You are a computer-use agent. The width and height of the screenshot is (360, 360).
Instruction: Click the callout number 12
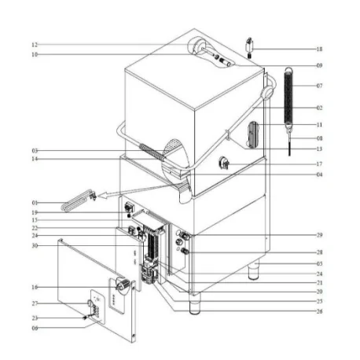(35, 45)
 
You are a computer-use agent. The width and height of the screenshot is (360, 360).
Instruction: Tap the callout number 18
(319, 49)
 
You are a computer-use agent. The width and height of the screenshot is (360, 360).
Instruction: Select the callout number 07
(319, 85)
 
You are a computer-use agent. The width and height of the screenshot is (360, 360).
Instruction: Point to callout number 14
(35, 160)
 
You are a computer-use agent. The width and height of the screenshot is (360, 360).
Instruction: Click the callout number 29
(319, 235)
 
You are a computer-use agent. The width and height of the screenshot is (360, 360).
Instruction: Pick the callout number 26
(319, 311)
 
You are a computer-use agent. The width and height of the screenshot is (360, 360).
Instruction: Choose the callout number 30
(35, 246)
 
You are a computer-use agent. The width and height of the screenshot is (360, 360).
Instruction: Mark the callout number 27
(35, 303)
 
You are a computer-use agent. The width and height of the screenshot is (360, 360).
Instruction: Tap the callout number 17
(319, 164)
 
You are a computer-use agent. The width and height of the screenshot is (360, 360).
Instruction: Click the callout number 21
(319, 282)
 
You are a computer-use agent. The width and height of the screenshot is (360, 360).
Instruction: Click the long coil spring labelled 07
(288, 99)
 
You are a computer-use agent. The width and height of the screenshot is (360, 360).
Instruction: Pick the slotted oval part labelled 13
(252, 134)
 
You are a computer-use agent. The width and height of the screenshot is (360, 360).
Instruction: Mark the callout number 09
(319, 64)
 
